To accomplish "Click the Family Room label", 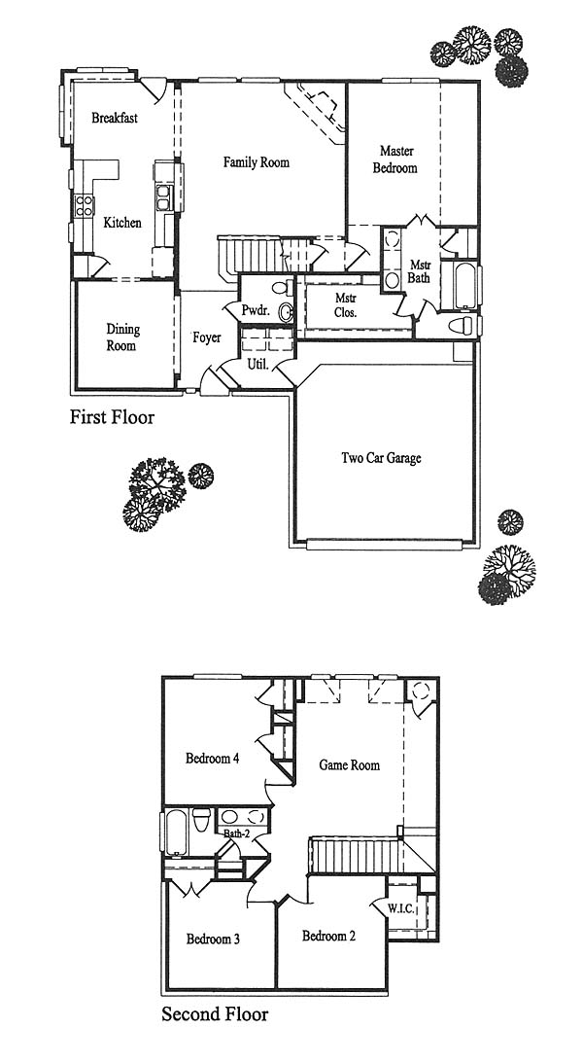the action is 257,162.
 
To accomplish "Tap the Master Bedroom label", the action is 394,159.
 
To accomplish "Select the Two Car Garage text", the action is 381,458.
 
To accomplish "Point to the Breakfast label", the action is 115,118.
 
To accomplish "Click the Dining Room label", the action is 122,337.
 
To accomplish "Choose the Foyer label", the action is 206,337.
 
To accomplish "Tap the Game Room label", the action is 349,764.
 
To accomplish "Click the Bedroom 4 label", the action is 212,758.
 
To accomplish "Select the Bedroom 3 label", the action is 213,940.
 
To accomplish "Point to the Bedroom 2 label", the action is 328,936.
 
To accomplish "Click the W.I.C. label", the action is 401,908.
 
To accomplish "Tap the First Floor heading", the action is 112,416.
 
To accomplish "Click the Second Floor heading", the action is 215,1013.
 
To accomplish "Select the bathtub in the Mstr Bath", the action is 465,284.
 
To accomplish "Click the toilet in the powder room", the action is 284,288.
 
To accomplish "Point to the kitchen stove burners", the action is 85,205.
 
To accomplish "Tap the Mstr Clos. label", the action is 346,305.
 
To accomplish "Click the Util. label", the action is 257,365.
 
